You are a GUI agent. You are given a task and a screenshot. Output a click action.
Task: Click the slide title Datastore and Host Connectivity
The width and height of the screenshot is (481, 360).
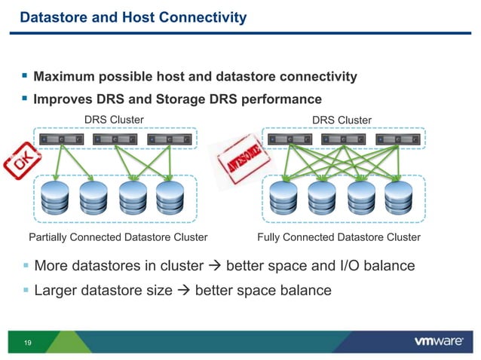[133, 17]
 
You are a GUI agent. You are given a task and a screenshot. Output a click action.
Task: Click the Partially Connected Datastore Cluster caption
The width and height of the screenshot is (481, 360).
[118, 237]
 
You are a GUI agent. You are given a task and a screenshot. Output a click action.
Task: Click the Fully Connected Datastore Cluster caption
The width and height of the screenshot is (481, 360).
[339, 237]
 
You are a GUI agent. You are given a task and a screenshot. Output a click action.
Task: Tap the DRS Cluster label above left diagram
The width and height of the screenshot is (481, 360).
[113, 120]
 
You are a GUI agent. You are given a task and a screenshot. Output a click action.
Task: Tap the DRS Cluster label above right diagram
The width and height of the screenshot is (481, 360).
[342, 120]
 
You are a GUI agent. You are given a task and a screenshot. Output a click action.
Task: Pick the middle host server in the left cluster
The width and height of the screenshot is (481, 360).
[113, 139]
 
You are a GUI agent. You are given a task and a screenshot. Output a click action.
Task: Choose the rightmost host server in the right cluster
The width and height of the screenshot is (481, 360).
[397, 139]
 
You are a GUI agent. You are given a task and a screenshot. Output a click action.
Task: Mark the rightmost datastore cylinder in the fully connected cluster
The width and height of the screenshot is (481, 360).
[399, 198]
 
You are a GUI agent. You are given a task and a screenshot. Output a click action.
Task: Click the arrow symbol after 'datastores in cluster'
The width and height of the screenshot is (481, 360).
[215, 266]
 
